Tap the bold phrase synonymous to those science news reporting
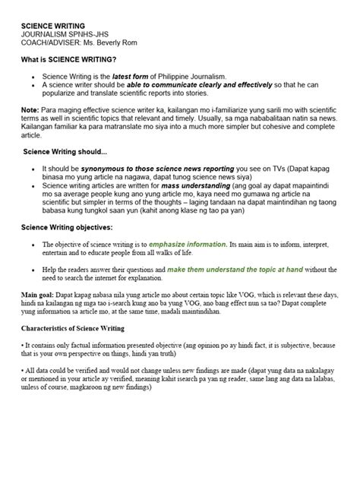pyautogui.click(x=147, y=168)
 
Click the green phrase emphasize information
pyautogui.click(x=188, y=244)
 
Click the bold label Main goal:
pyautogui.click(x=39, y=295)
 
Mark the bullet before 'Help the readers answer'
pyautogui.click(x=33, y=270)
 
